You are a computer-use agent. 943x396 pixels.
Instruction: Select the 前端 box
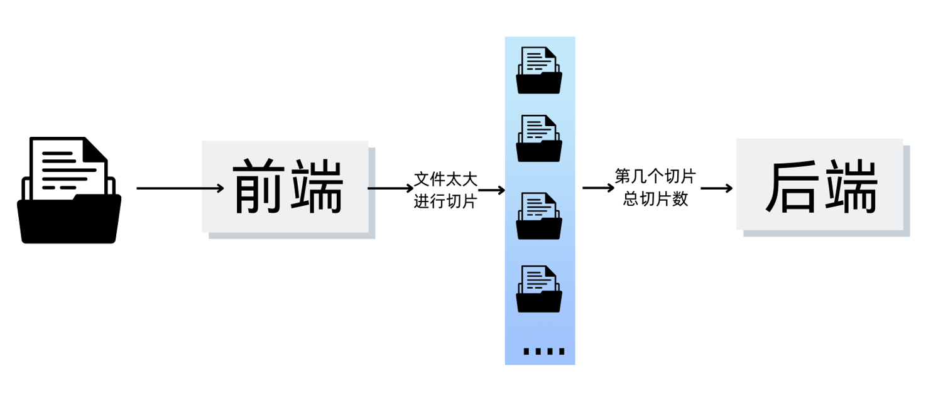click(x=285, y=186)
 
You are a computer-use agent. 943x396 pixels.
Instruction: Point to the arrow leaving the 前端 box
click(x=390, y=188)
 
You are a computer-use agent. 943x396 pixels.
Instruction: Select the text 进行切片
click(x=445, y=202)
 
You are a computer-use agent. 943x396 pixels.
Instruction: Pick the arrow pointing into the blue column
click(x=491, y=189)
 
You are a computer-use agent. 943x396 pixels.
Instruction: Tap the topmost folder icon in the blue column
click(x=539, y=70)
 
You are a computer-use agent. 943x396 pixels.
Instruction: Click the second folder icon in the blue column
click(x=539, y=139)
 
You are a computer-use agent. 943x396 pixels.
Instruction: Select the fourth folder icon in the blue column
click(x=539, y=289)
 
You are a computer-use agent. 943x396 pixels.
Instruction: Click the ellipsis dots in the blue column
click(x=543, y=351)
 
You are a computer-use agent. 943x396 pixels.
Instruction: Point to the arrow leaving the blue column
click(x=598, y=188)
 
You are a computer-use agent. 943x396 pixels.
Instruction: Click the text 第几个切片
click(x=655, y=176)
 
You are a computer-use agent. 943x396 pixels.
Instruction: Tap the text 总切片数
click(x=655, y=199)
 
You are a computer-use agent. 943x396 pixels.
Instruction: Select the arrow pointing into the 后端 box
click(x=717, y=188)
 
